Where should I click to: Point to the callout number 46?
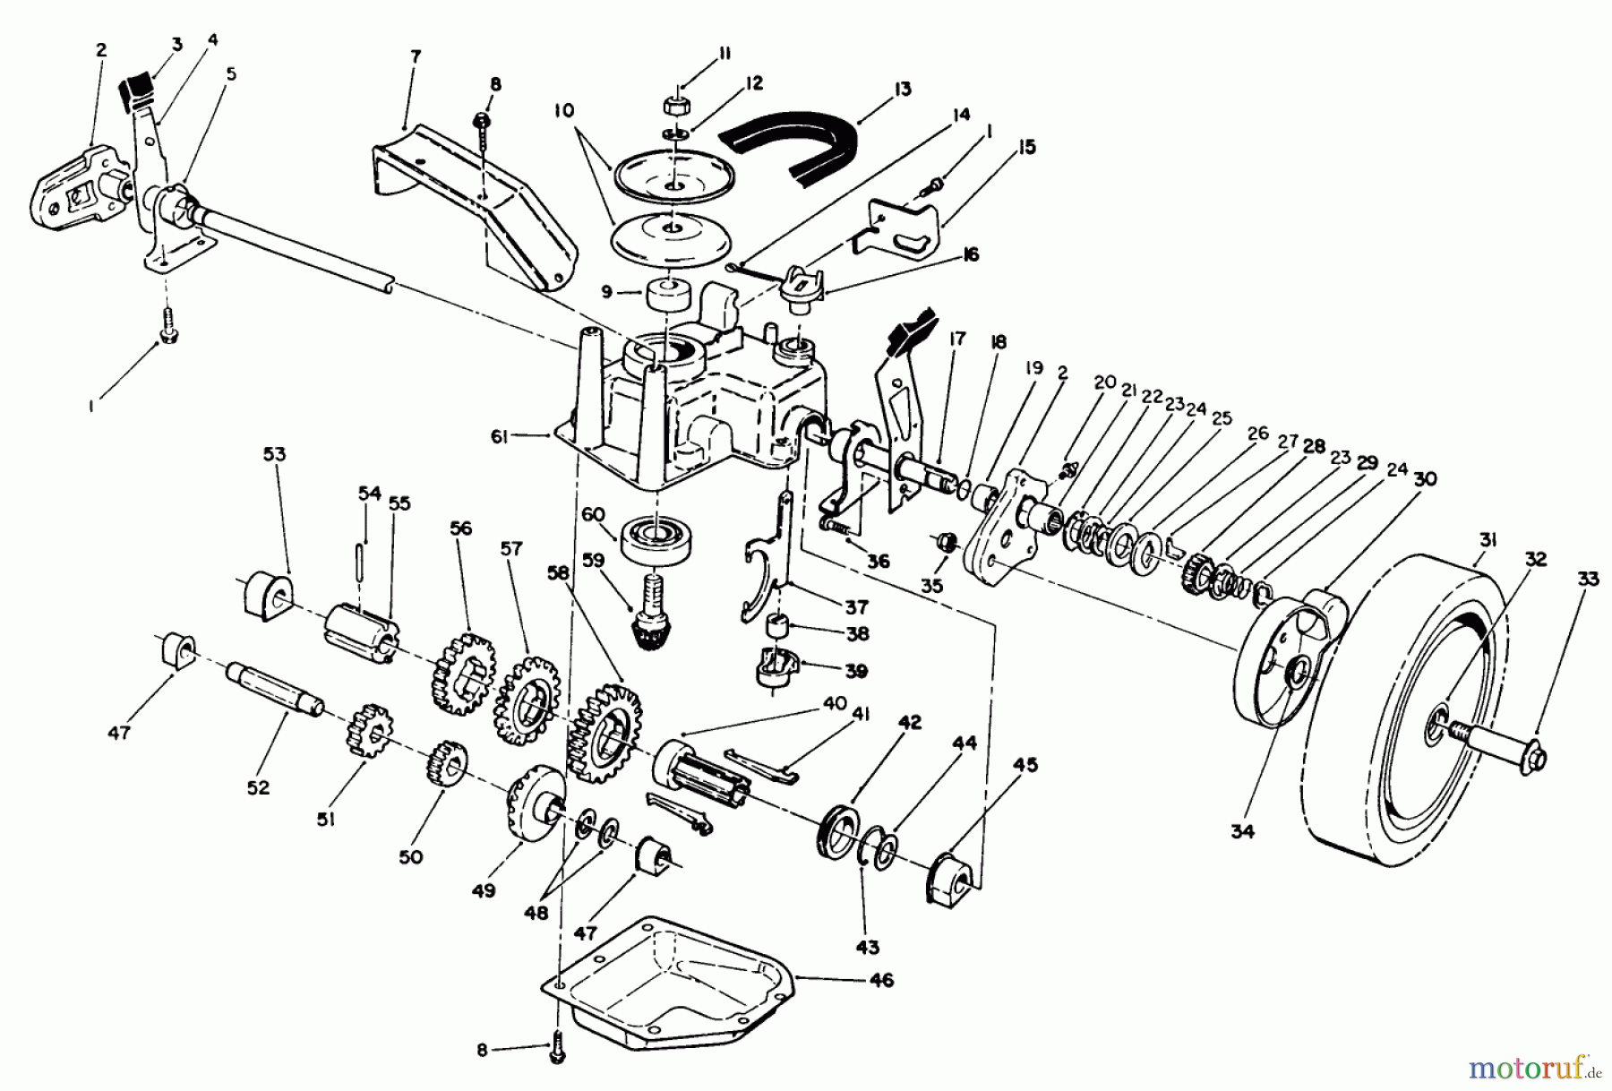click(x=882, y=981)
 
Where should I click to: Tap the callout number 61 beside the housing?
click(x=499, y=436)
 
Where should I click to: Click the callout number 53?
click(x=274, y=454)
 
